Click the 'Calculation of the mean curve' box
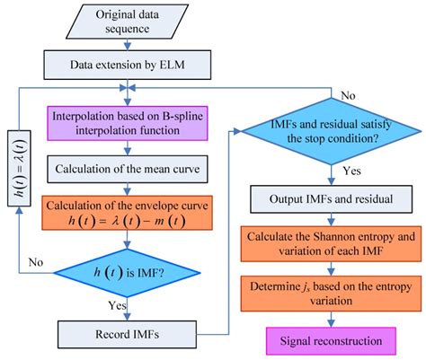tap(134, 170)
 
